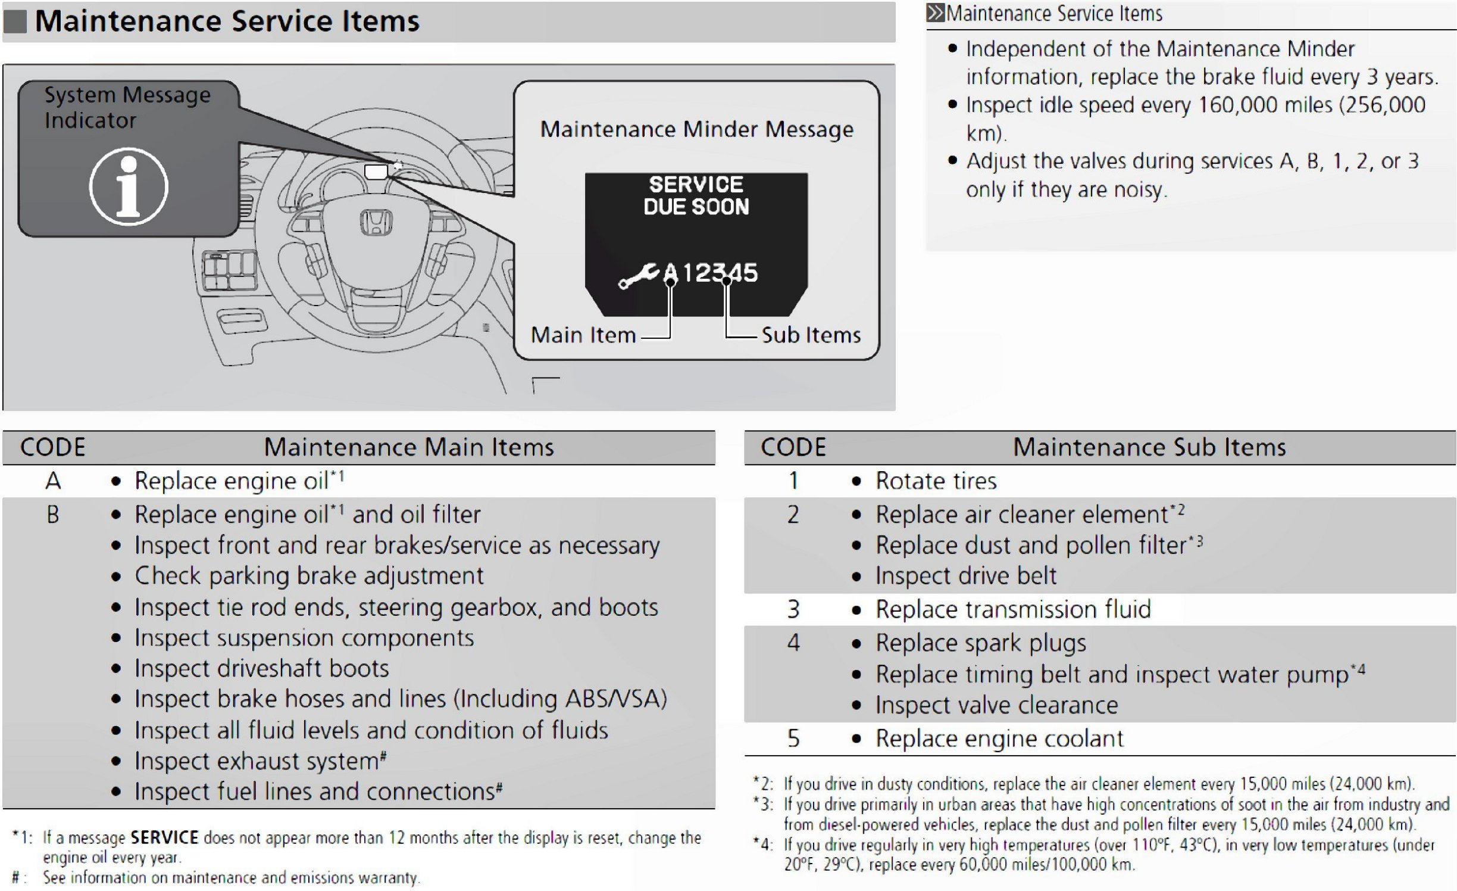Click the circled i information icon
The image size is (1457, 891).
129,186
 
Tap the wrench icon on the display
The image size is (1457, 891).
638,275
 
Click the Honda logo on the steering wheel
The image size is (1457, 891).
376,222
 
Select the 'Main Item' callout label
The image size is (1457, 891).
583,335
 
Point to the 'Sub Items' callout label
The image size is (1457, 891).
811,335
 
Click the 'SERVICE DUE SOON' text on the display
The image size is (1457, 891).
696,195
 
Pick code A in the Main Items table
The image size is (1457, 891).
53,481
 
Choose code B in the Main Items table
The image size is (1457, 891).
53,515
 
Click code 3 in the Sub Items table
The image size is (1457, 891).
793,609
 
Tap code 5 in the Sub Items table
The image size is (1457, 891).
793,739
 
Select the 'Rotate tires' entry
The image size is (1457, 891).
936,481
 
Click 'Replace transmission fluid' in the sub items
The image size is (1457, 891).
1013,609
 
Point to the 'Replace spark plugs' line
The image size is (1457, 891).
980,643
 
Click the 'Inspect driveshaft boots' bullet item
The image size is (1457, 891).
261,668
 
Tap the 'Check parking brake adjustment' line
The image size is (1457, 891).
309,576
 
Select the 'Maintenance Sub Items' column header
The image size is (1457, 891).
1149,447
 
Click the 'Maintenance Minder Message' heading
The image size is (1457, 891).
696,129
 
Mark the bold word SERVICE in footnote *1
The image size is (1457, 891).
164,837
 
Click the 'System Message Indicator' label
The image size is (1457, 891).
127,108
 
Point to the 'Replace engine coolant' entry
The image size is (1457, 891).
999,739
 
